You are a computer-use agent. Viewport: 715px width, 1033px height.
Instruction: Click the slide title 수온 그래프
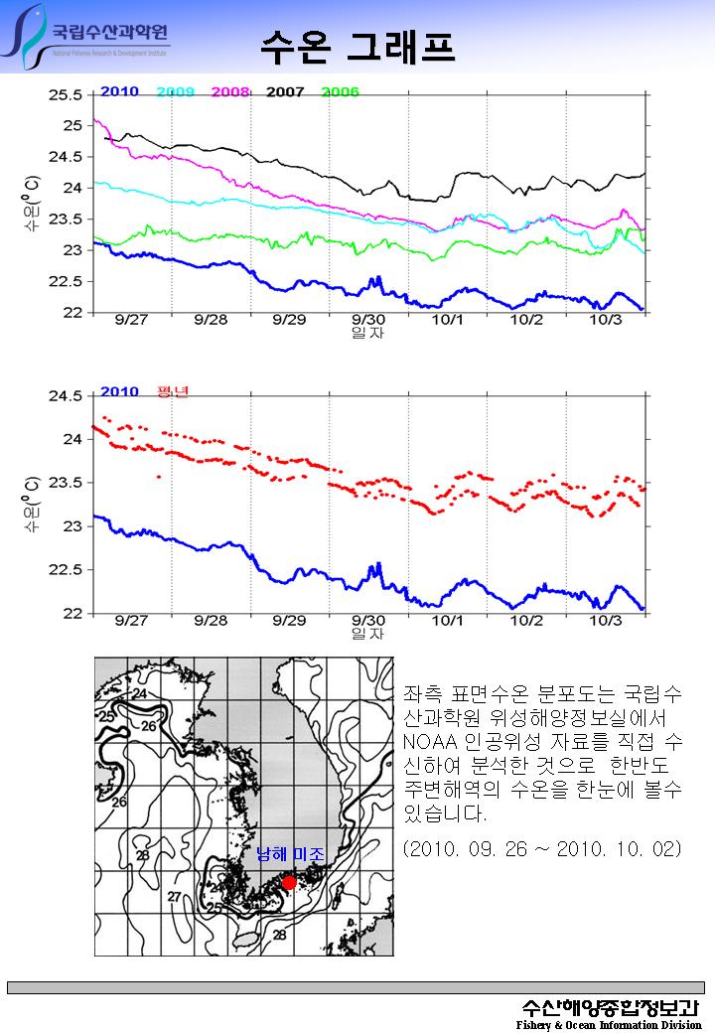click(x=357, y=45)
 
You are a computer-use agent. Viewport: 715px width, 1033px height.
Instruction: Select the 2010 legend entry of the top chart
click(x=119, y=91)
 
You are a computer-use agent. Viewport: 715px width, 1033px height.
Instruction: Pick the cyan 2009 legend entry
click(x=175, y=91)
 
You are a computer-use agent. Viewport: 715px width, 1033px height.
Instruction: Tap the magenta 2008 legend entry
click(x=230, y=91)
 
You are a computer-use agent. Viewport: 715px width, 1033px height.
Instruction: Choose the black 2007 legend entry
click(x=285, y=91)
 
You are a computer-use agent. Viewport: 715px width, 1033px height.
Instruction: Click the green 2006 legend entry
click(x=340, y=91)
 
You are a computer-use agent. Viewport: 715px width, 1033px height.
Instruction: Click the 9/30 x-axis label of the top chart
click(x=367, y=320)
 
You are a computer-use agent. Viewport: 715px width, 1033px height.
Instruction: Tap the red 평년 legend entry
click(x=173, y=391)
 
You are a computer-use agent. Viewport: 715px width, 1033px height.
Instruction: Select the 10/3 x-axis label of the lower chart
click(x=606, y=621)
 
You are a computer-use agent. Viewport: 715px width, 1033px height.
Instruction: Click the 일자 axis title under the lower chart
click(x=367, y=634)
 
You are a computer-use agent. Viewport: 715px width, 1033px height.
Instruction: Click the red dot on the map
click(x=289, y=882)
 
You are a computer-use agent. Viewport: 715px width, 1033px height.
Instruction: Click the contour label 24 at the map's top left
click(x=140, y=692)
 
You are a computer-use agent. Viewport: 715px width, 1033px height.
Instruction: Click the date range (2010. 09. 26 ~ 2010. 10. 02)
click(x=542, y=849)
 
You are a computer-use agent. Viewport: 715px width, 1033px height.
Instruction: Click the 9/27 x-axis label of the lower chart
click(x=131, y=621)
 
